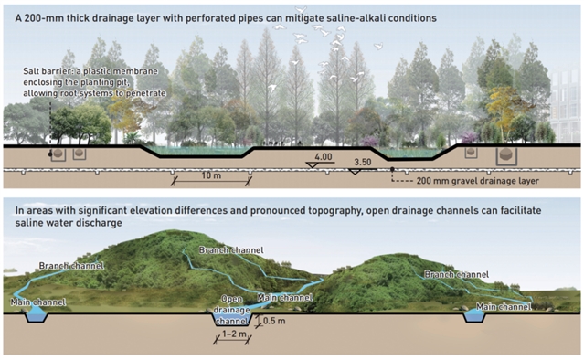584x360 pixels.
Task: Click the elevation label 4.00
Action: [x=323, y=157]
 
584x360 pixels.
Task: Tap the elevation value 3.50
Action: [x=363, y=163]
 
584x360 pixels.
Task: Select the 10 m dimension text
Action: [x=211, y=175]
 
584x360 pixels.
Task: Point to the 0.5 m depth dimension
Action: [x=274, y=321]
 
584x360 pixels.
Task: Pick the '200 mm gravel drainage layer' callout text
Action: [x=477, y=181]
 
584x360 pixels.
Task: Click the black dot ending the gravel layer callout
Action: [x=392, y=169]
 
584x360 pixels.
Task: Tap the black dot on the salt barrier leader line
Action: [x=50, y=154]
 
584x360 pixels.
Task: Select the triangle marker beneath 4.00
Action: [x=312, y=164]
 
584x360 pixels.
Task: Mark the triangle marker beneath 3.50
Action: [x=355, y=172]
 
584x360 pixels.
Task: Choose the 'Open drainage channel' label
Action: [x=231, y=310]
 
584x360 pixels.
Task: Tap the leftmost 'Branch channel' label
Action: [x=71, y=266]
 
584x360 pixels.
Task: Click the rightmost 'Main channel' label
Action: [x=504, y=307]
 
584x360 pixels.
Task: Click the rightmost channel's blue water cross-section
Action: [x=474, y=316]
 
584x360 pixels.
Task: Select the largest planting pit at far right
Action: [x=506, y=155]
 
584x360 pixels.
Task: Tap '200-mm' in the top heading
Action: [x=43, y=18]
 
